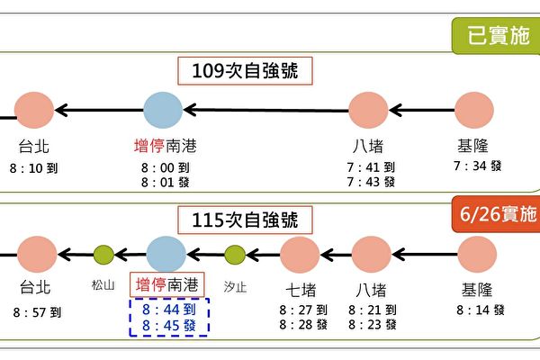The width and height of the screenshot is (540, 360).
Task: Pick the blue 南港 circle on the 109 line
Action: (163, 111)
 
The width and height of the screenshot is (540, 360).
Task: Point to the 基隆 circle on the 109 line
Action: (474, 111)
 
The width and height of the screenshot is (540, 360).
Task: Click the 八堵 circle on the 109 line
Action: (369, 111)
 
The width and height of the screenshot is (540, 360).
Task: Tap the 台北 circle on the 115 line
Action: (37, 255)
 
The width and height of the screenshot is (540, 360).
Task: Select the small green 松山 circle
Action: (104, 256)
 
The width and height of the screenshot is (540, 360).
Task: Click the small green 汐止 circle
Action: (234, 256)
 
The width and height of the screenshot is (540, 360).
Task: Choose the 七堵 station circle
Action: (300, 255)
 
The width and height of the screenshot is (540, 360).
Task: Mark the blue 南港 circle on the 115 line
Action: (166, 255)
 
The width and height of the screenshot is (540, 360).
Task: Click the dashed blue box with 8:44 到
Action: (169, 316)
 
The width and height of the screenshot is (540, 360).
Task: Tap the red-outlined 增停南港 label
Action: (167, 285)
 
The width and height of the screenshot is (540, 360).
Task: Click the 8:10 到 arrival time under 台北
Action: (36, 167)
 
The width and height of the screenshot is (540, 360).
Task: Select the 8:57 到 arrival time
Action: (38, 312)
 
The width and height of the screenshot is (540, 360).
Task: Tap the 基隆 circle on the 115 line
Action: (479, 255)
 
